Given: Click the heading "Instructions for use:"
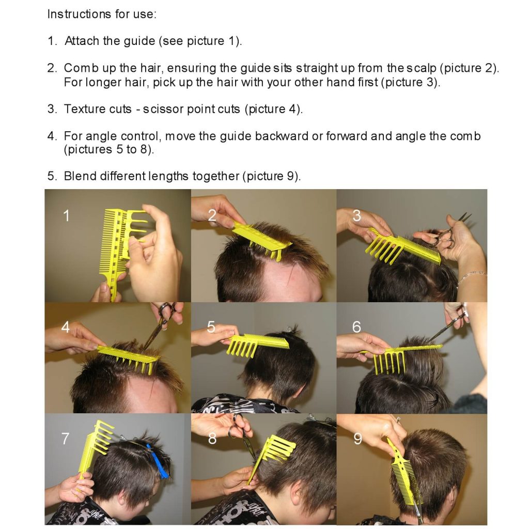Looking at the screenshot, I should point(101,14).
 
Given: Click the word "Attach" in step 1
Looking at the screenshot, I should point(82,41).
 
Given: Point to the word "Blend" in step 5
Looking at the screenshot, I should point(80,176).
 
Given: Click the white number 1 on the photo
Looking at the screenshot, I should point(66,215).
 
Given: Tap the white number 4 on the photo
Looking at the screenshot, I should point(66,327).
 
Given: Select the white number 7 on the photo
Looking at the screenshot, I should point(65,439).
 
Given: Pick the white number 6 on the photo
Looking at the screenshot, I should point(356,327).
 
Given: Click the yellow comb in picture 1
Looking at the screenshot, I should point(116,243).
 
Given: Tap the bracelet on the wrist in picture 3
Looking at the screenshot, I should point(471,276).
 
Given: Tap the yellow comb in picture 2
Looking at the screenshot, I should point(261,239).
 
